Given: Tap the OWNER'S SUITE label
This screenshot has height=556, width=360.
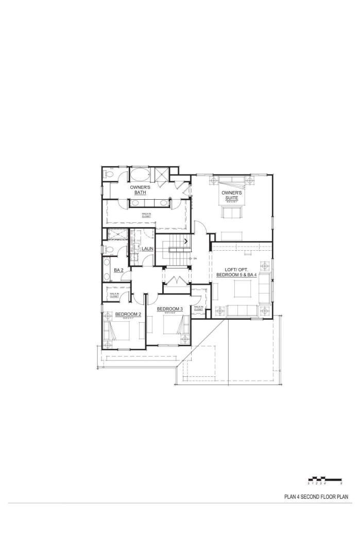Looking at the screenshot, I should [232, 195].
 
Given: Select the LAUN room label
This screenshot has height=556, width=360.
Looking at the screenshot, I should [148, 249].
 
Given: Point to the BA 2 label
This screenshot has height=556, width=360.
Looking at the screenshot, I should [118, 270].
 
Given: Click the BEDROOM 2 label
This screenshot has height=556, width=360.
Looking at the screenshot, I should [128, 314].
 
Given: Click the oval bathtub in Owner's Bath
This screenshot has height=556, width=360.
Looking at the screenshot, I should [139, 173].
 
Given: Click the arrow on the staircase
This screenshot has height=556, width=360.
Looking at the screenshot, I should [185, 240].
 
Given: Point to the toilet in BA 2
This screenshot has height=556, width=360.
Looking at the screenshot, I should [108, 249].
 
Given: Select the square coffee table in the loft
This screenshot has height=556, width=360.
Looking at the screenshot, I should [242, 290].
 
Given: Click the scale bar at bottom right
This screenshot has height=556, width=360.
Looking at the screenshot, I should [325, 480].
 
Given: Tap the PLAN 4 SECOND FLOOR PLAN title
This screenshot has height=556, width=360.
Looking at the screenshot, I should [317, 497].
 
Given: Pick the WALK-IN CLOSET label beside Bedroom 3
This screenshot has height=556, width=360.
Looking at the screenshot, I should [198, 308].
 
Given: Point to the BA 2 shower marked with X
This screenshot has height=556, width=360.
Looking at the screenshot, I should [118, 234].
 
